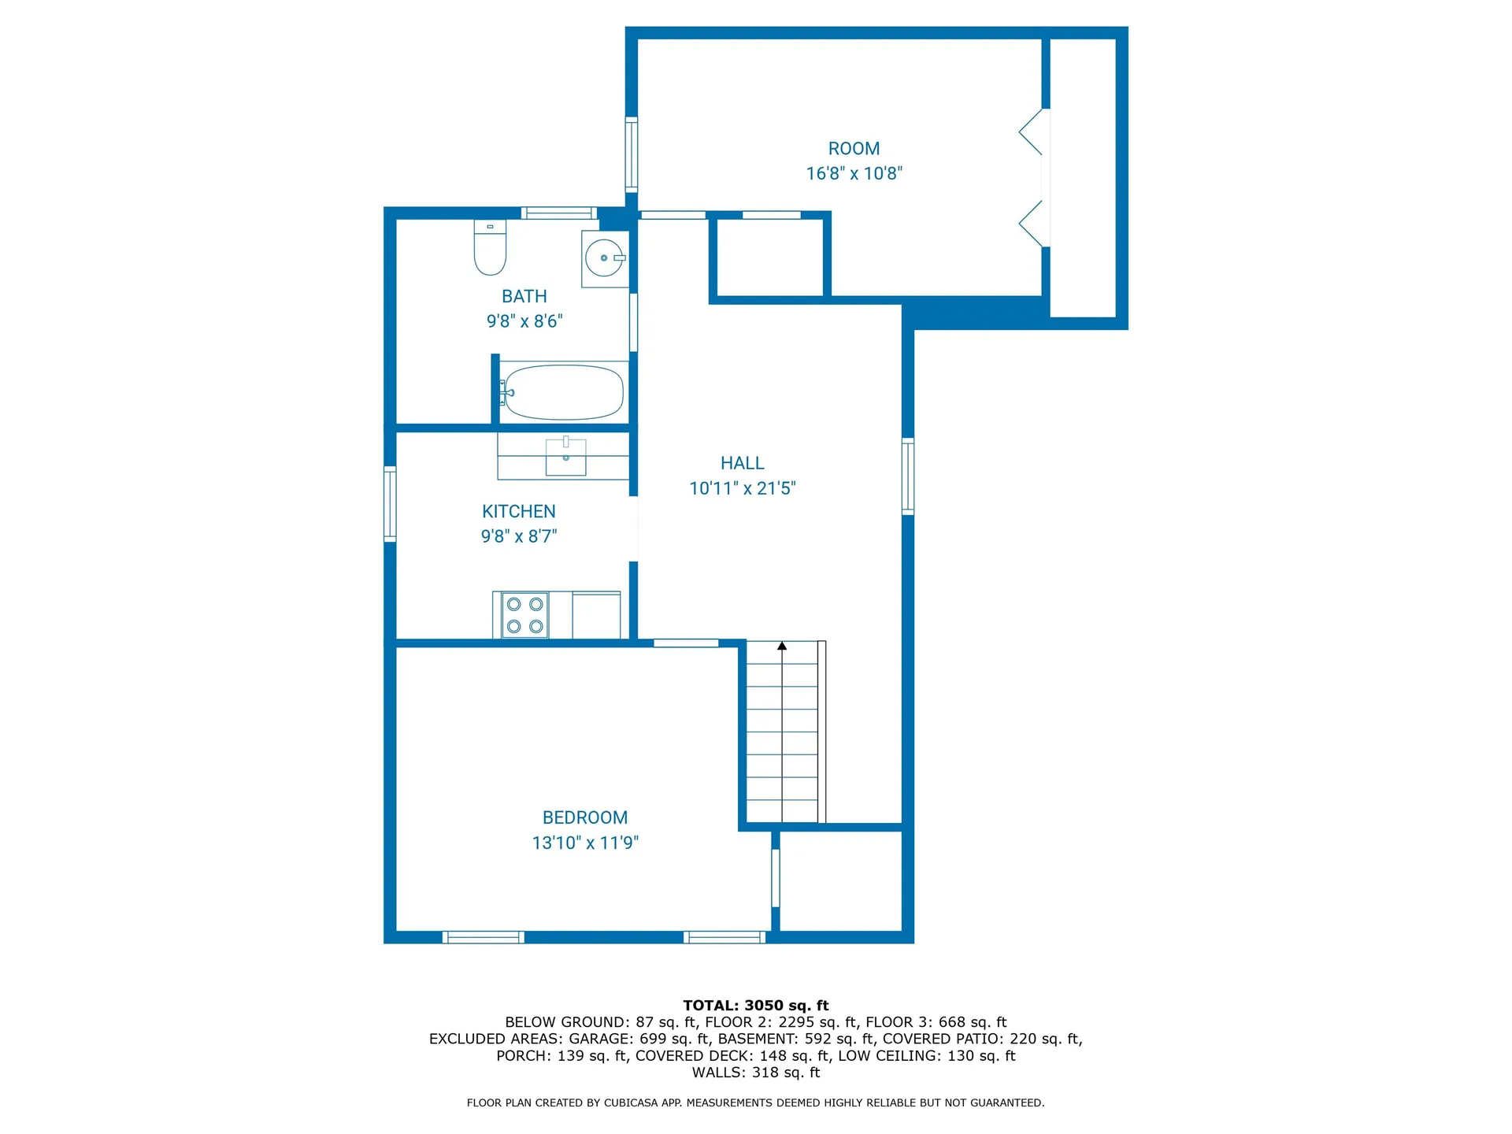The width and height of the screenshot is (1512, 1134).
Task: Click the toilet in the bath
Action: [x=490, y=248]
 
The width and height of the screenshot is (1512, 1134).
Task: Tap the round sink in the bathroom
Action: [x=604, y=258]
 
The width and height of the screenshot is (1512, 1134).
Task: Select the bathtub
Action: [x=563, y=391]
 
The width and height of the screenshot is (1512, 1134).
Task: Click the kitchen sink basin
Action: [x=565, y=457]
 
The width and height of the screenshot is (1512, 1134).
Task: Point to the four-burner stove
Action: [x=524, y=615]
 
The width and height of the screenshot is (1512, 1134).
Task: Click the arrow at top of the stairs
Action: [x=782, y=647]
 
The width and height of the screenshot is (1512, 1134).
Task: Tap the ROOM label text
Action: [x=854, y=149]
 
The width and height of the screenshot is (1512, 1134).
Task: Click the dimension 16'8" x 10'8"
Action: [x=854, y=173]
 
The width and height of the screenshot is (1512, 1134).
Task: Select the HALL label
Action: [x=742, y=463]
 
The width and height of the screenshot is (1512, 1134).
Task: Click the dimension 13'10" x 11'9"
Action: [x=585, y=843]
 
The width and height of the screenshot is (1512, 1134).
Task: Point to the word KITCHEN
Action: [x=518, y=511]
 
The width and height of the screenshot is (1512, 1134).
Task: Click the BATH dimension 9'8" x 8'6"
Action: [x=524, y=321]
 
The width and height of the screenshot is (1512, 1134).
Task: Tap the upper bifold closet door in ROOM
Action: [x=1033, y=132]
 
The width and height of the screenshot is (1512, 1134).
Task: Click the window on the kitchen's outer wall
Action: [x=390, y=504]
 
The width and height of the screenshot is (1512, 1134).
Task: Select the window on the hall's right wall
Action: [x=908, y=476]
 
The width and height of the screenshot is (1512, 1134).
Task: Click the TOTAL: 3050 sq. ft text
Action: [x=755, y=1006]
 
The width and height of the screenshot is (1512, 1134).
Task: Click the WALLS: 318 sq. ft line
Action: [x=755, y=1073]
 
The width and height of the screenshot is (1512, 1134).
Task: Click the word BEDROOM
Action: [x=585, y=817]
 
